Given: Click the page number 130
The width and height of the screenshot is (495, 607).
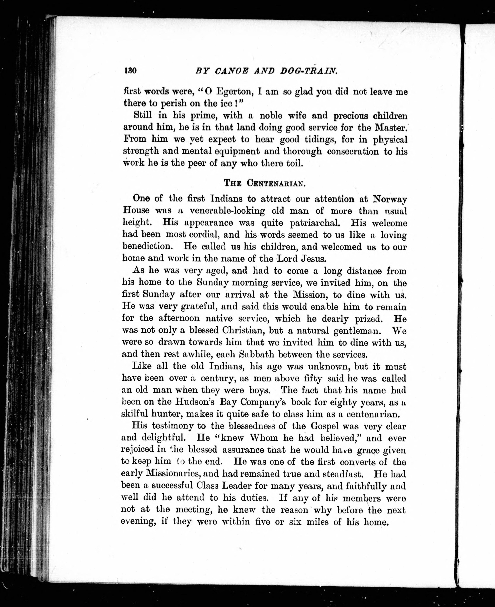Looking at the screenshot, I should point(130,70).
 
